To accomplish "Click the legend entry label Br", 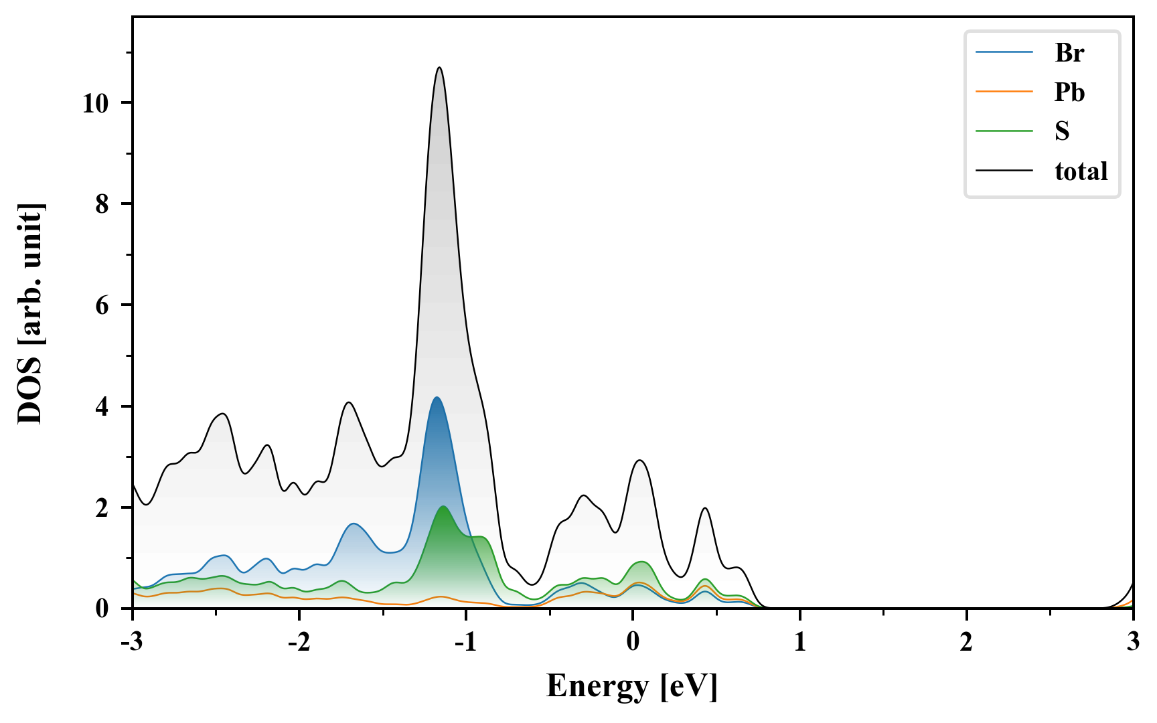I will click(x=1069, y=53).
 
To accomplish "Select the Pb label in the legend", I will click(x=1069, y=92).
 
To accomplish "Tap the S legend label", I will click(x=1062, y=132).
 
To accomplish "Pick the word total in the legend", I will click(x=1081, y=171).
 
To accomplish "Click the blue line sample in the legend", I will click(x=1004, y=53).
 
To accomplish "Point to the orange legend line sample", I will click(x=1004, y=92).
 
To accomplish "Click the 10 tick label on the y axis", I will click(x=96, y=103).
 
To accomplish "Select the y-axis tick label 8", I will click(x=102, y=204).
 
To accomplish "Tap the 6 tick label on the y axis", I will click(x=102, y=305).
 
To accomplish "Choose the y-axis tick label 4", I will click(x=102, y=407).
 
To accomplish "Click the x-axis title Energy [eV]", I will click(x=631, y=687).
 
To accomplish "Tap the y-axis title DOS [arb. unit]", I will click(x=30, y=313).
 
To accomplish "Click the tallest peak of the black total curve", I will click(x=439, y=68).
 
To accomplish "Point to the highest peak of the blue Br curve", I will click(x=437, y=398).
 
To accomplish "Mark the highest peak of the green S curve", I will click(x=443, y=507).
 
